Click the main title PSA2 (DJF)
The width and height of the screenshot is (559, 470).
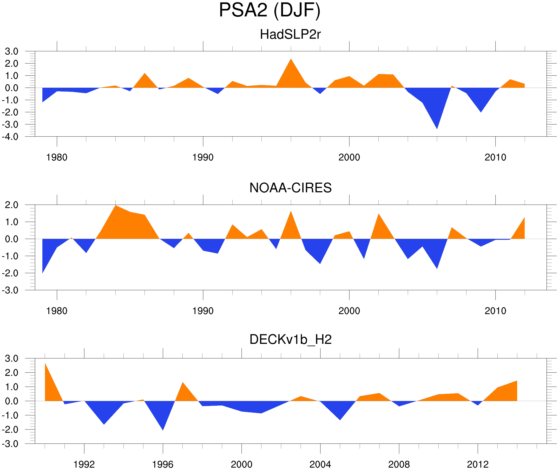coord(269,10)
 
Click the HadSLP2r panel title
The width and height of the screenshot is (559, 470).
coord(290,34)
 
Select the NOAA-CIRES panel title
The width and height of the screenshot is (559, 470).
coord(290,188)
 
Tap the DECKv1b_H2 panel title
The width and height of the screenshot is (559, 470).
coord(290,339)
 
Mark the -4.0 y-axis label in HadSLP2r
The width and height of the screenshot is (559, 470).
coord(10,137)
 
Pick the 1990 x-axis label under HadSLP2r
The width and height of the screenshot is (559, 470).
coord(203,157)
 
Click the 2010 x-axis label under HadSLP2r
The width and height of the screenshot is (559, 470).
coord(495,157)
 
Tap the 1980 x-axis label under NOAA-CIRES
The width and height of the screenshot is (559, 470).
coord(57,311)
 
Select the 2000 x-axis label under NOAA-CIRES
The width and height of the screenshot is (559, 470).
coord(349,311)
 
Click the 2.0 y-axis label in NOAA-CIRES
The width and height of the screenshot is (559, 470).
coord(11,205)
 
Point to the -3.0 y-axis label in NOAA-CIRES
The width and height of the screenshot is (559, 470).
coord(10,290)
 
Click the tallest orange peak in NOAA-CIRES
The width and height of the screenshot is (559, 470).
coord(116,206)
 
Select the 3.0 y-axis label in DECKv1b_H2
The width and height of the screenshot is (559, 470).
coord(11,358)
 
